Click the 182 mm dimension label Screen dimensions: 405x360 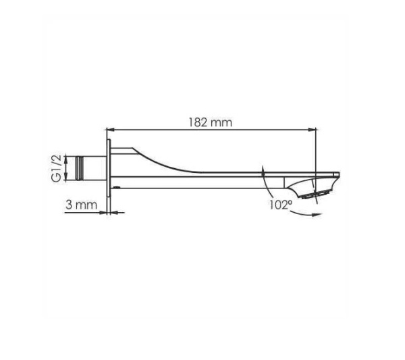pos(210,122)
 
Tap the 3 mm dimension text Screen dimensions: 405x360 pos(82,205)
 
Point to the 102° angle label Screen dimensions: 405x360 pos(281,205)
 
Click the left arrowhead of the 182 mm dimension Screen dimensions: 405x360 pos(110,130)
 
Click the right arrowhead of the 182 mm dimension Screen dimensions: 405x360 pos(313,130)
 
